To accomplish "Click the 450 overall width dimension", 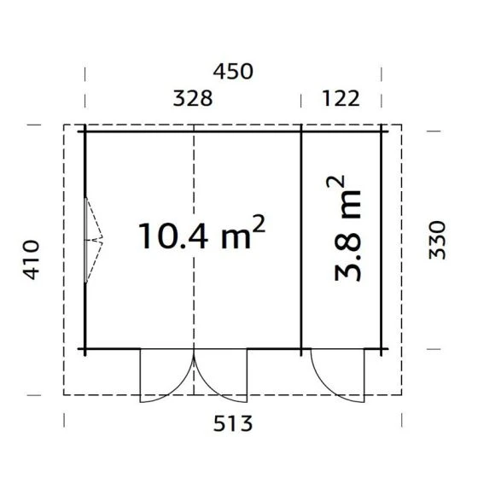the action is [233, 72].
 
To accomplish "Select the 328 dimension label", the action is [193, 98].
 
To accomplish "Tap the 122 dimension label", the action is [341, 98].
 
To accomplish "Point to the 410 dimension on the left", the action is [32, 259].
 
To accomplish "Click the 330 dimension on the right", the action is [437, 240].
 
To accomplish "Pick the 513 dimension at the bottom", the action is [233, 423].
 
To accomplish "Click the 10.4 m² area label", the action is [201, 232].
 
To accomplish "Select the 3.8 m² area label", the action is [344, 228].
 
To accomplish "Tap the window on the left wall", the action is [86, 240].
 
